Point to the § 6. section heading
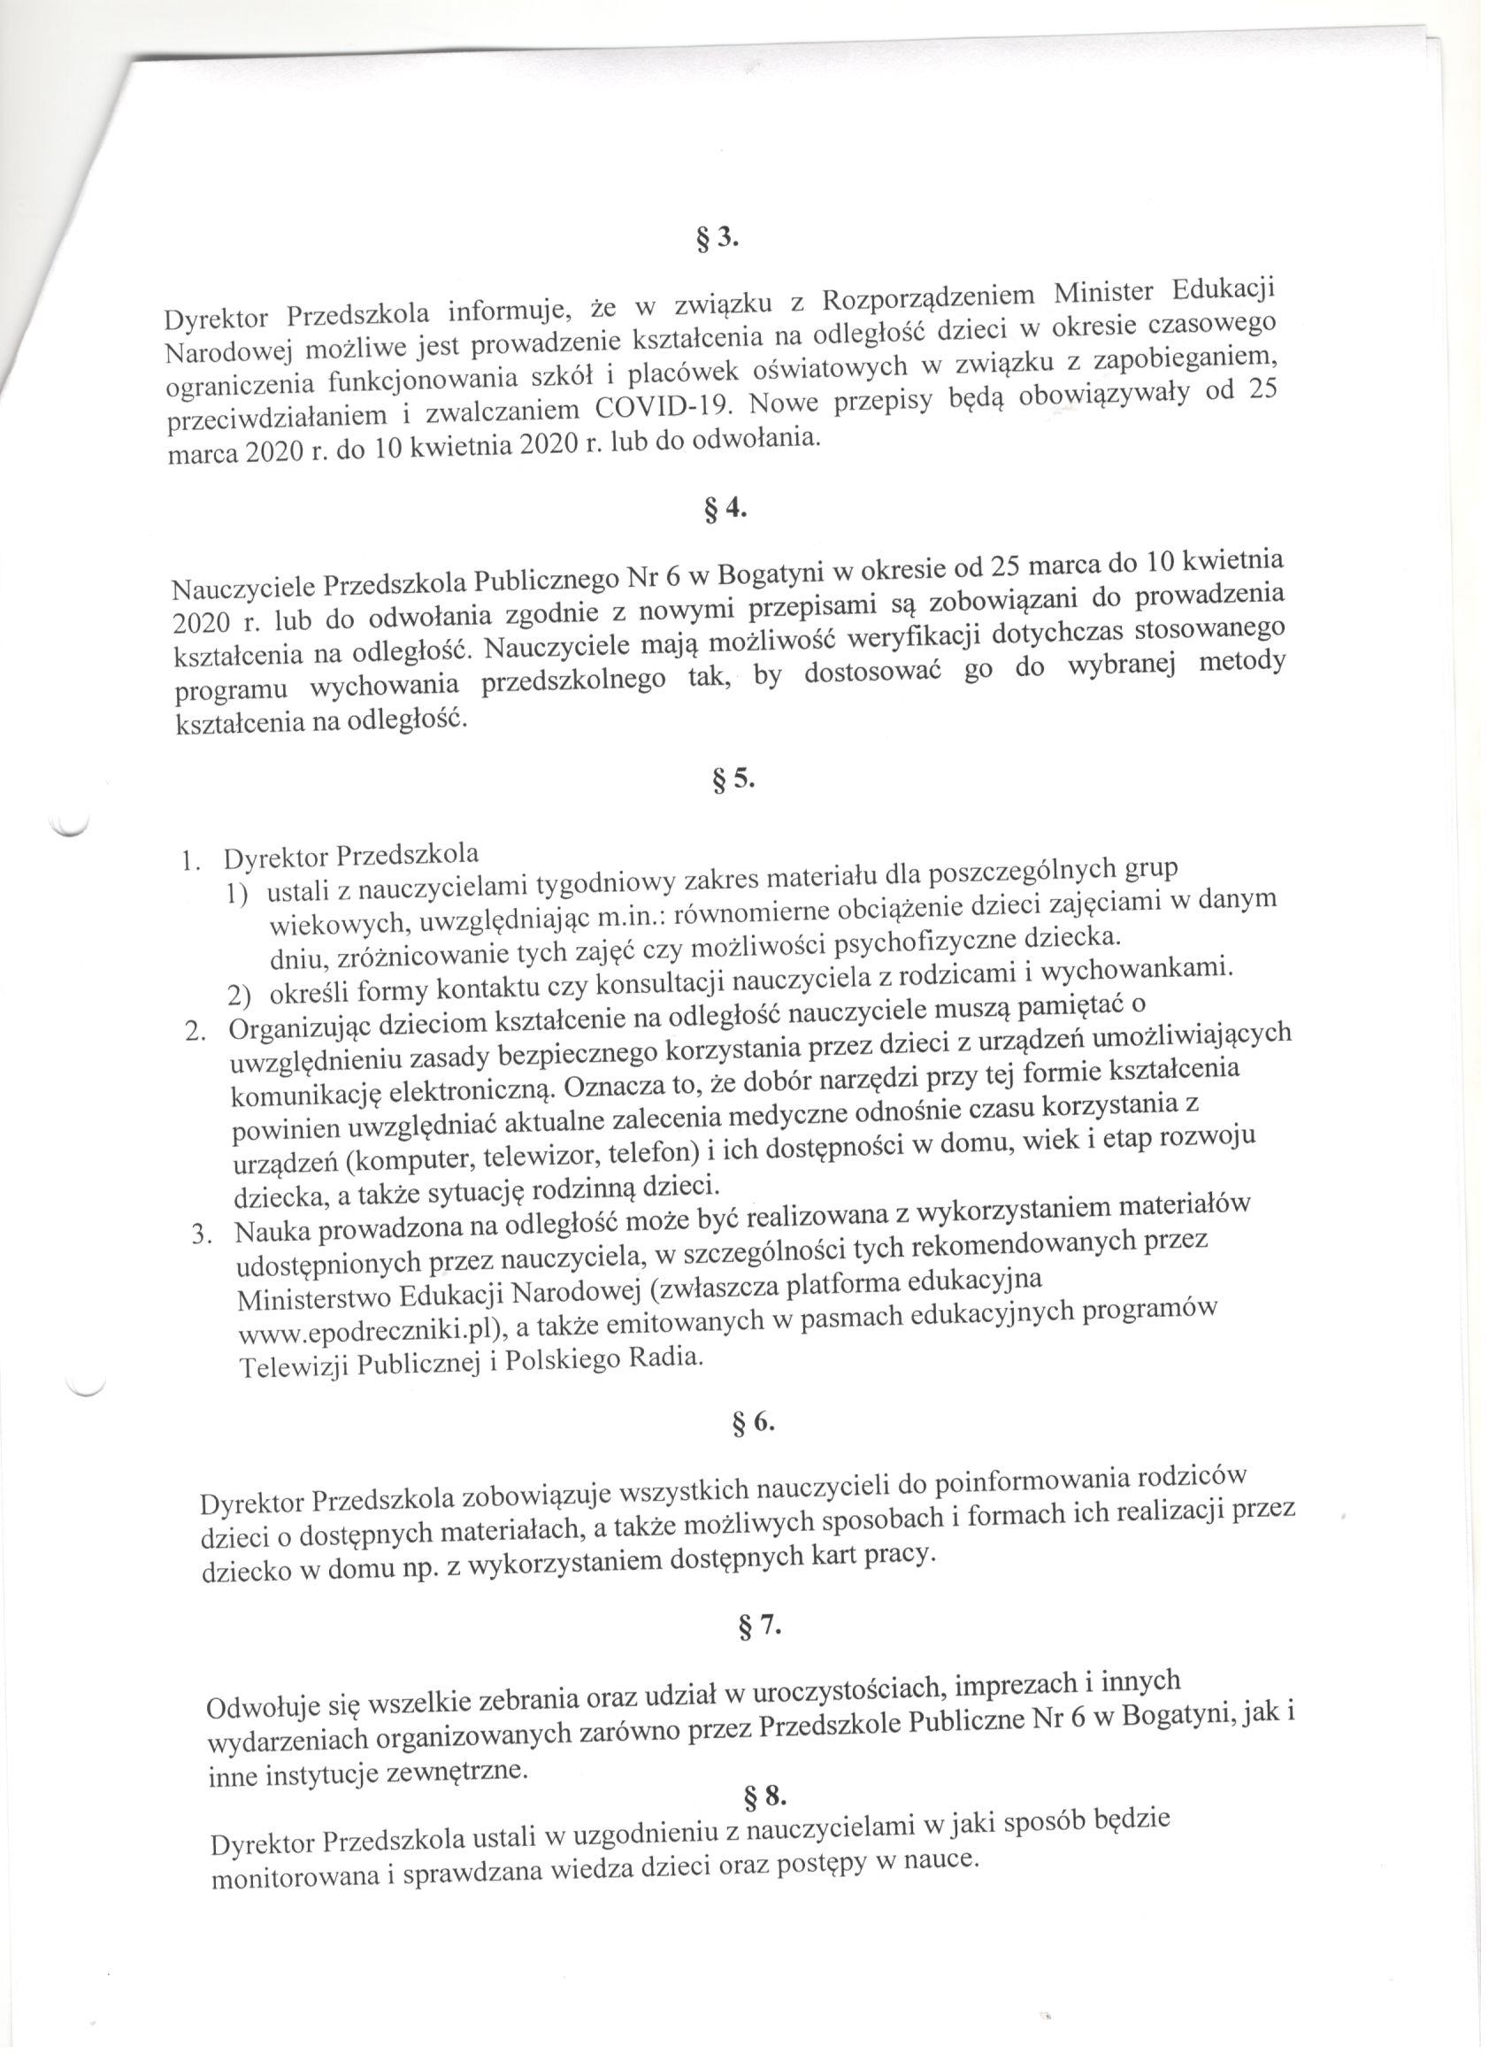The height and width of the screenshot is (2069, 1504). [x=754, y=1422]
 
